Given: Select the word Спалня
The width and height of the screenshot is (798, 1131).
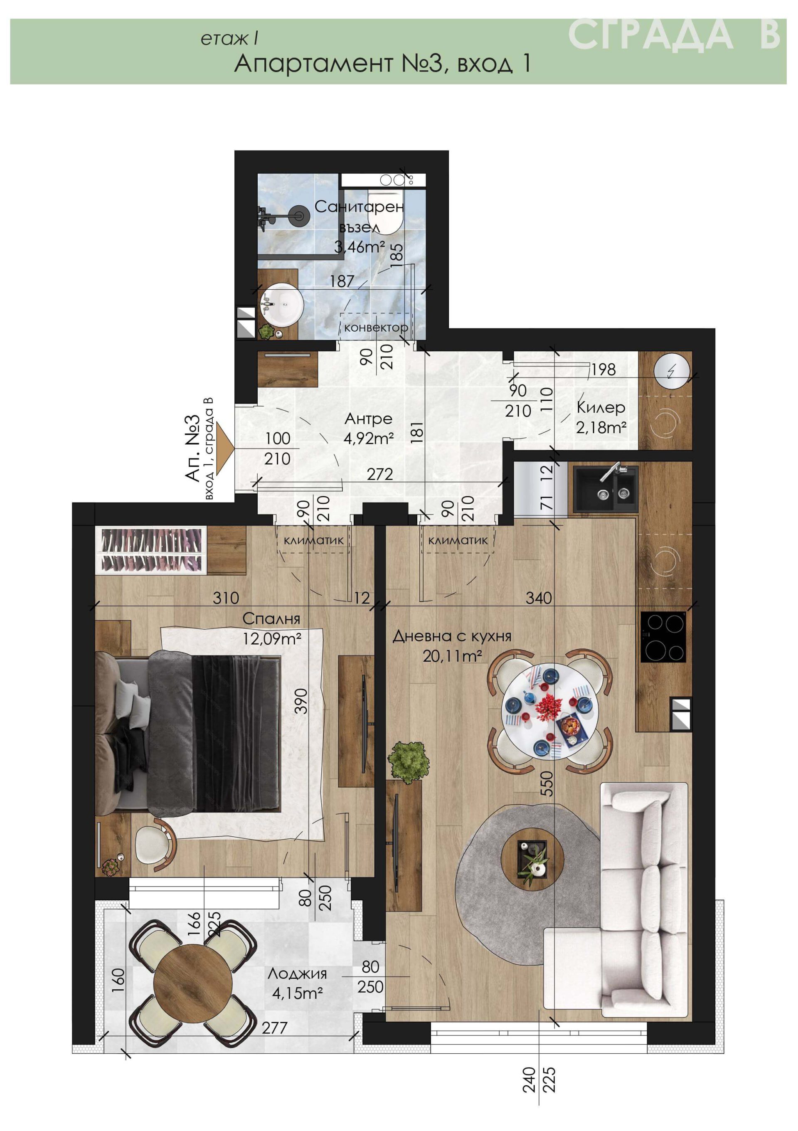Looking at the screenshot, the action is [x=271, y=618].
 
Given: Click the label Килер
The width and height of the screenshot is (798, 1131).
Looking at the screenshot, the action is [x=601, y=408].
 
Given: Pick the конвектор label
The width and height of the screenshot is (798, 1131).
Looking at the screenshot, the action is [x=376, y=327].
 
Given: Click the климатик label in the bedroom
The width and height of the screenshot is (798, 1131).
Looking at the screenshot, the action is [x=314, y=540].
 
